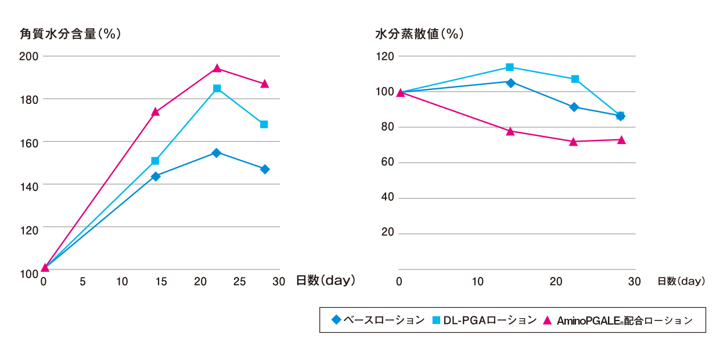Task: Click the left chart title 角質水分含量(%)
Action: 70,34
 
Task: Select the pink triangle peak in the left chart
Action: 217,69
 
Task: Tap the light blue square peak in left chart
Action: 217,88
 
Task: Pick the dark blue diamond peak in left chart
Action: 216,153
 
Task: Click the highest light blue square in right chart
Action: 510,67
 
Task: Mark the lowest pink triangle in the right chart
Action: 573,141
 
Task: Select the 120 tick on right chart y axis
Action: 386,56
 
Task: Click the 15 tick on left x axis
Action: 161,282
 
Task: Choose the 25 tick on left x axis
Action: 239,282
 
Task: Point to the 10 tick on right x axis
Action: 478,282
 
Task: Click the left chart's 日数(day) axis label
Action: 325,280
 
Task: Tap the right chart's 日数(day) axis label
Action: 681,281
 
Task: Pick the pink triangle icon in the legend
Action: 547,320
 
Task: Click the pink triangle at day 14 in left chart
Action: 155,111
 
